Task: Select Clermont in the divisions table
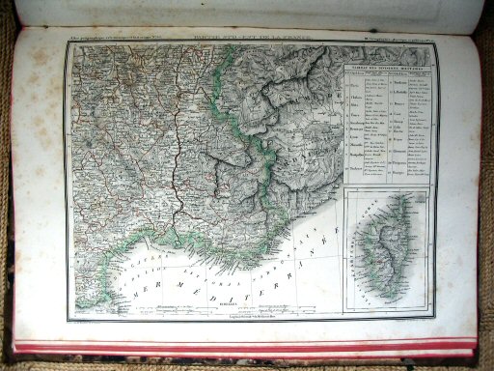tap(399, 150)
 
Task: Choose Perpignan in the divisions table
tap(400, 162)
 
